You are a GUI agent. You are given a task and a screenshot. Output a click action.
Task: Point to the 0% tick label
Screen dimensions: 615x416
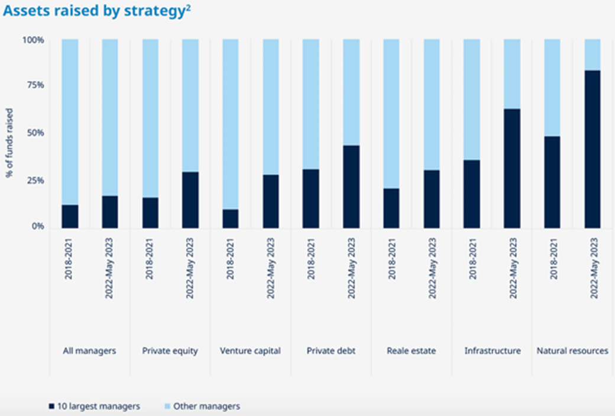pyautogui.click(x=38, y=227)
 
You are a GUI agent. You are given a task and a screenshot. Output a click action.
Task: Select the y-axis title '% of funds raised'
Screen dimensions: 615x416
pyautogui.click(x=9, y=143)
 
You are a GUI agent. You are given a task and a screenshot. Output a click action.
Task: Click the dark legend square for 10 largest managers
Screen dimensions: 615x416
pyautogui.click(x=51, y=406)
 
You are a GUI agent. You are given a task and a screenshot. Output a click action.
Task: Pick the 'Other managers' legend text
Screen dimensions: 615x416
pyautogui.click(x=207, y=406)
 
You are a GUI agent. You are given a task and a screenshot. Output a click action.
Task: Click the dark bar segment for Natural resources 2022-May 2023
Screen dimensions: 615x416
pyautogui.click(x=593, y=150)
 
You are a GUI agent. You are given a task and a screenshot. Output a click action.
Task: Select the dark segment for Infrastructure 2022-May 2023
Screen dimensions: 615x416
pyautogui.click(x=512, y=169)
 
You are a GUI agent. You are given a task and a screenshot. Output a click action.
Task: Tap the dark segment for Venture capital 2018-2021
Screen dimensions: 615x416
pyautogui.click(x=230, y=219)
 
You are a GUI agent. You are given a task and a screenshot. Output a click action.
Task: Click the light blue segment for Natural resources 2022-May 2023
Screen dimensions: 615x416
pyautogui.click(x=593, y=55)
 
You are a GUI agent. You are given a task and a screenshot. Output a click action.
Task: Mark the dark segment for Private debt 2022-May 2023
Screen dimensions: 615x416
pyautogui.click(x=351, y=187)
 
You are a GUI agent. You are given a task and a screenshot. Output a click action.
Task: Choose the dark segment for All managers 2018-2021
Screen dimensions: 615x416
pyautogui.click(x=70, y=217)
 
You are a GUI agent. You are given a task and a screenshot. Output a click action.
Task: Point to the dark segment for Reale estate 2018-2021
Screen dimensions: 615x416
pyautogui.click(x=391, y=208)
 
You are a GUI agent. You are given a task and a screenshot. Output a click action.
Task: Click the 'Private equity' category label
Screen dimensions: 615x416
pyautogui.click(x=170, y=351)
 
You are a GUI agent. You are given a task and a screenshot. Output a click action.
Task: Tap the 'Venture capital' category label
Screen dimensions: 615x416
pyautogui.click(x=250, y=351)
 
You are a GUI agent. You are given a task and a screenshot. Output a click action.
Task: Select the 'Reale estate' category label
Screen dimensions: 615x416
pyautogui.click(x=411, y=351)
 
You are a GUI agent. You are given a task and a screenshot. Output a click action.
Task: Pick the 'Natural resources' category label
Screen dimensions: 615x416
pyautogui.click(x=572, y=351)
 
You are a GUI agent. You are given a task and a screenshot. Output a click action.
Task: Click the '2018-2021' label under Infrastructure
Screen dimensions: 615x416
pyautogui.click(x=472, y=259)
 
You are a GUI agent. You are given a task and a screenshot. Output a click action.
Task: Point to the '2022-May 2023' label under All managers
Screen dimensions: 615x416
pyautogui.click(x=109, y=268)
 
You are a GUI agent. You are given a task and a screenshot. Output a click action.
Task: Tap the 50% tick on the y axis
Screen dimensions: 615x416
pyautogui.click(x=35, y=133)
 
